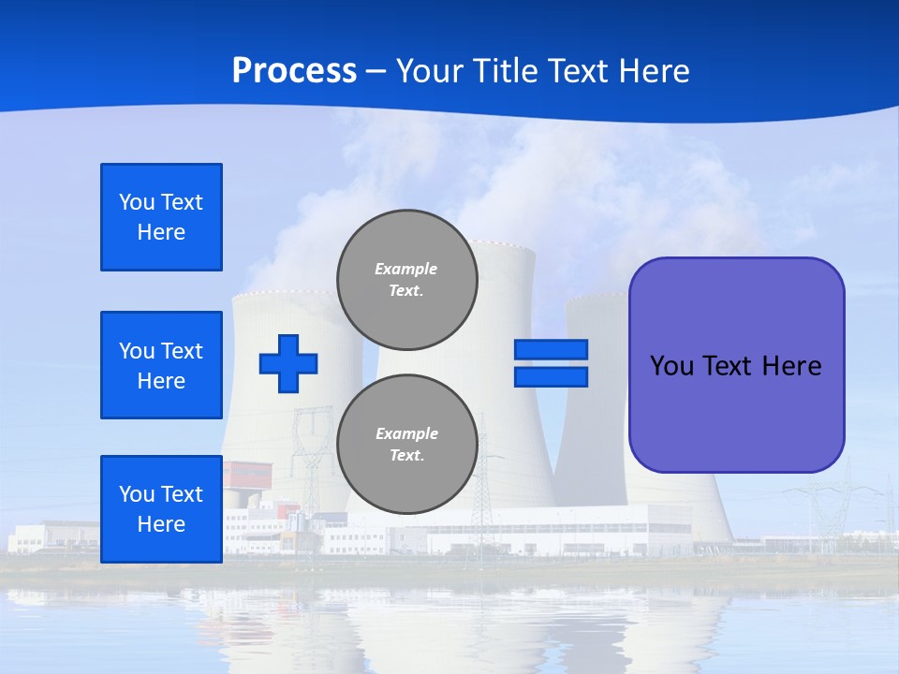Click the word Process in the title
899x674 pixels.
point(294,70)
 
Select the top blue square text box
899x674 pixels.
point(161,217)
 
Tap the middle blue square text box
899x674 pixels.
point(161,365)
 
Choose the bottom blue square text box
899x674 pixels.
point(161,508)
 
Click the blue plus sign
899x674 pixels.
point(288,363)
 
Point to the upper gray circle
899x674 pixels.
point(407,280)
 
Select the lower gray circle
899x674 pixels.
point(407,445)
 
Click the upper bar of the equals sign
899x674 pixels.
point(551,349)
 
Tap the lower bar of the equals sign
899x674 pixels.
point(551,376)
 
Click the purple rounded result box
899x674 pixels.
point(736,365)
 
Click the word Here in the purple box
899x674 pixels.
point(791,366)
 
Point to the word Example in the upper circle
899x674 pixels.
point(405,269)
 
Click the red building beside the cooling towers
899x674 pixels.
point(245,474)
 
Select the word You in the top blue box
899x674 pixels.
point(137,202)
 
